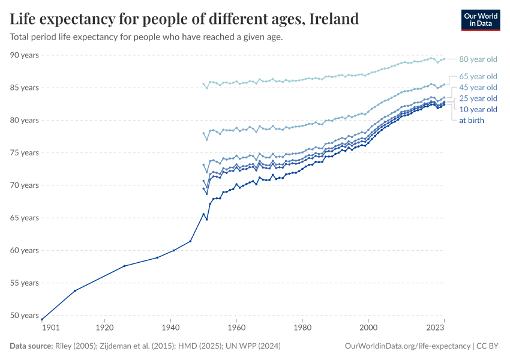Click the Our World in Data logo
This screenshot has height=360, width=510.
[480, 20]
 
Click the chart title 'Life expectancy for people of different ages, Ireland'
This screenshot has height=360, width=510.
[184, 19]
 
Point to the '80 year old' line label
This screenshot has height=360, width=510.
[478, 59]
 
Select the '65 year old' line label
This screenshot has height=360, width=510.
[478, 76]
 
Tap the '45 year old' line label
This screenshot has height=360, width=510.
[478, 87]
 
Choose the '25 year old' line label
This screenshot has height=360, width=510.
[478, 98]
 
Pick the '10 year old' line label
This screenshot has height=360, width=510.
[478, 109]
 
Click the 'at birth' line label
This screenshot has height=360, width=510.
[472, 120]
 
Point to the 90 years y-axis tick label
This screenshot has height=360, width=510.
[25, 55]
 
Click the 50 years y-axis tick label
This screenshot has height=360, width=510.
[25, 316]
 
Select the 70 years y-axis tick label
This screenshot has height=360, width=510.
[25, 185]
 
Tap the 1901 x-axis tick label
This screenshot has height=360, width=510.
[50, 328]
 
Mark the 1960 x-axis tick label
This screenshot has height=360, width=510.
[236, 328]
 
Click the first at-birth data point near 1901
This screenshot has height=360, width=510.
[42, 319]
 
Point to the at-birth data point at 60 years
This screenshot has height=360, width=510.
[174, 250]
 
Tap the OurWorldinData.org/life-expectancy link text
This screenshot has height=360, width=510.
[408, 346]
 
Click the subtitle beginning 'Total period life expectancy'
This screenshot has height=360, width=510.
[146, 37]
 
